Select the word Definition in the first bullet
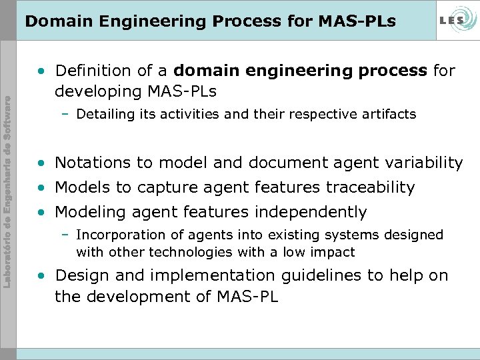click(88, 71)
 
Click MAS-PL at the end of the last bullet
click(247, 296)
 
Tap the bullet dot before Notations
click(43, 163)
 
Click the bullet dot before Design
click(43, 276)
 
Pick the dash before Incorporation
click(66, 235)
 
